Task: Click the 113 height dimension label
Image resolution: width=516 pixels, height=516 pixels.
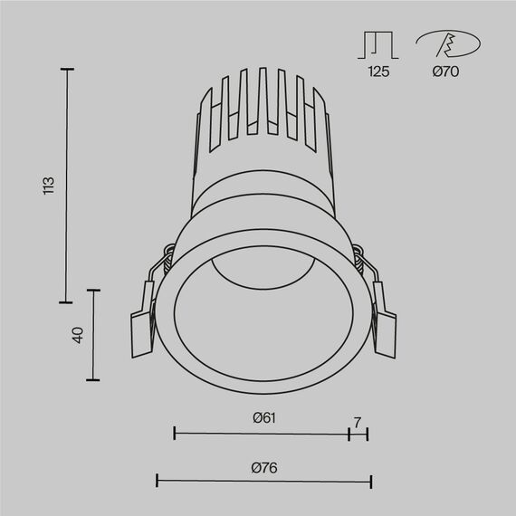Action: pos(50,185)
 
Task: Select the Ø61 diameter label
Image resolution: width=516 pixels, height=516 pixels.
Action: pos(263,417)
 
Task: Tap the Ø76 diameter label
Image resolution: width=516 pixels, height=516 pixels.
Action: pos(263,467)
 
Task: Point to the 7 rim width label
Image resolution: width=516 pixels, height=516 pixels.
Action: pos(358,422)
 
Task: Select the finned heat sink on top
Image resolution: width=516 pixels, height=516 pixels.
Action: pos(261,113)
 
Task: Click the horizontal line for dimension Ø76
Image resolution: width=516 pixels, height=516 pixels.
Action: pos(263,481)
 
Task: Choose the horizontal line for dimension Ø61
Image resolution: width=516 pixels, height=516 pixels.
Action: pos(261,434)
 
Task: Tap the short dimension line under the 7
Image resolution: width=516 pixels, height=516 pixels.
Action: pos(358,434)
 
